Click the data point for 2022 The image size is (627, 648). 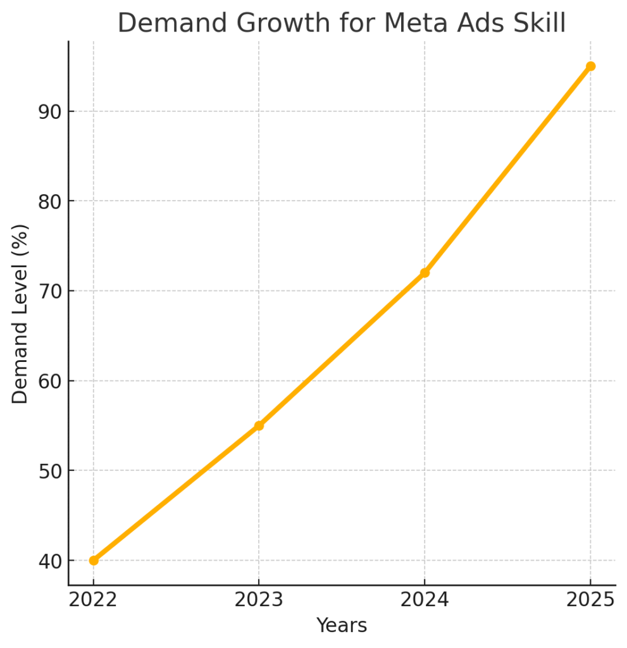[x=94, y=560]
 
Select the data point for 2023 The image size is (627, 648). [x=259, y=425]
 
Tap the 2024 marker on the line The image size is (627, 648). [x=425, y=273]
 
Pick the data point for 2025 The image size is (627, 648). [x=590, y=66]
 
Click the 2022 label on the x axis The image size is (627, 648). [x=94, y=599]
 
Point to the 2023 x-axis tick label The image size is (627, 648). [x=259, y=599]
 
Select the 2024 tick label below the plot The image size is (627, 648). [x=425, y=599]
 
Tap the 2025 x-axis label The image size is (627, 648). [x=590, y=599]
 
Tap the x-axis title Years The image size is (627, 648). [x=342, y=626]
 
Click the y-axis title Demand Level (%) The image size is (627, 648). [x=20, y=314]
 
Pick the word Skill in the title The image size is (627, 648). [x=536, y=23]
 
